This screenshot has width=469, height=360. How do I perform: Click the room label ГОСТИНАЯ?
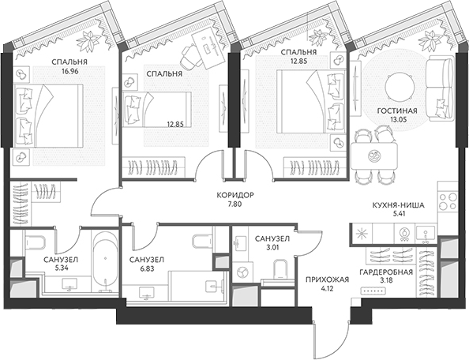point(397,111)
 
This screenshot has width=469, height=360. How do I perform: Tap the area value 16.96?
point(69,72)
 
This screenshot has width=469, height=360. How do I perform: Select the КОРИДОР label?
point(235,196)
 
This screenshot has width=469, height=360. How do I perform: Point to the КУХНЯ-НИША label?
point(399,205)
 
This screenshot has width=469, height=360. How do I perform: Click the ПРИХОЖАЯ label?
point(327,279)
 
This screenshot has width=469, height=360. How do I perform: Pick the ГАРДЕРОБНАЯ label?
point(386,272)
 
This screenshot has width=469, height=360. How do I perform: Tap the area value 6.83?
point(146,268)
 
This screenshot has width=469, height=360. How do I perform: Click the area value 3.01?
point(272,248)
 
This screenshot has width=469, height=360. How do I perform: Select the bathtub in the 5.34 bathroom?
point(105,262)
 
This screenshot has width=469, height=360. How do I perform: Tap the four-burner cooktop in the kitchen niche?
point(448,201)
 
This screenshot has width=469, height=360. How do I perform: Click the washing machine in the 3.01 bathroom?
point(241,272)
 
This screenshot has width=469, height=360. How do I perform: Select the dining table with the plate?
point(374,156)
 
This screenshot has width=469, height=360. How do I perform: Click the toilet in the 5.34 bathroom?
point(35,242)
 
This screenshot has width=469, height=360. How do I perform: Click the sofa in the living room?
point(440,90)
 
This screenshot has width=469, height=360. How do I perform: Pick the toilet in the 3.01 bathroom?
point(280,269)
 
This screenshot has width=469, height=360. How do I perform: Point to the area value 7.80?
point(235,204)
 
